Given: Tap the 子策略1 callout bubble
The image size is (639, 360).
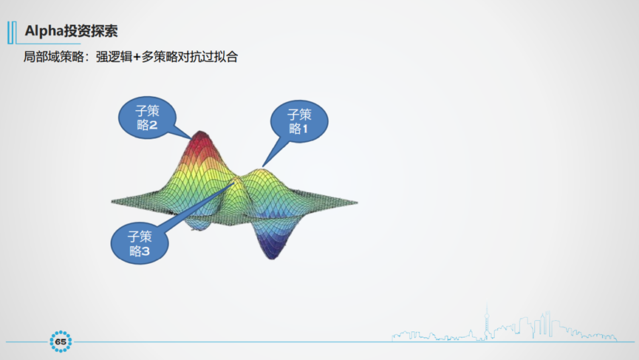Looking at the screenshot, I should click(x=298, y=121).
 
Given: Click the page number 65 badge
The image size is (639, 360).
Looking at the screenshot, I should click(x=61, y=341).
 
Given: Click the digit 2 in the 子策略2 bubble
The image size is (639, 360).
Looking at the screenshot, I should click(x=154, y=126).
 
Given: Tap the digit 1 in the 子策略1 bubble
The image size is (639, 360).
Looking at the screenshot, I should click(x=304, y=129).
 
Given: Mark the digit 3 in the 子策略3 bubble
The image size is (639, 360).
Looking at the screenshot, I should click(x=146, y=252).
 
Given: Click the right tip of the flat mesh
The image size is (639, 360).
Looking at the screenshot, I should click(x=356, y=202).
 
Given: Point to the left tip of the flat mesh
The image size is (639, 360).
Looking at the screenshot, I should click(x=113, y=200).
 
